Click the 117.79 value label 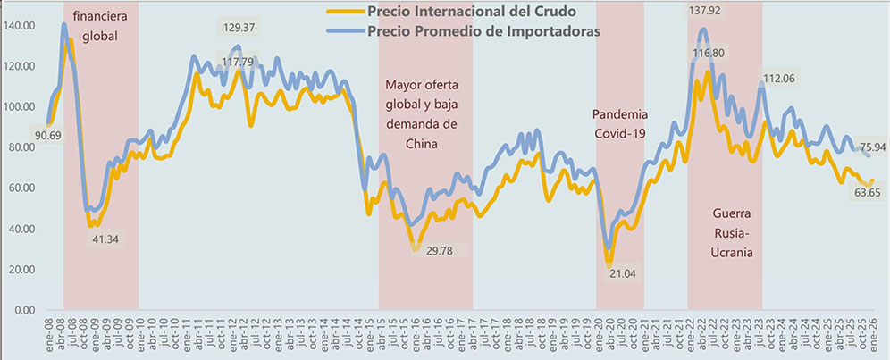click(239, 62)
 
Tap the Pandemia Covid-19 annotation click(620, 124)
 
